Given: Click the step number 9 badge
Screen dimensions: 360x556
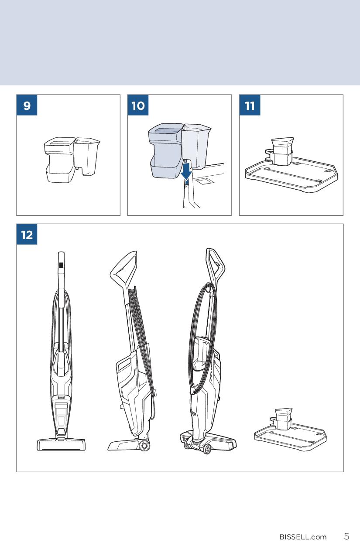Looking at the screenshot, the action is (27, 105).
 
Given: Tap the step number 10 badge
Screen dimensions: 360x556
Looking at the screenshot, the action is (138, 105).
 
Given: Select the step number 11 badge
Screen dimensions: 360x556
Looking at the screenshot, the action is (250, 105).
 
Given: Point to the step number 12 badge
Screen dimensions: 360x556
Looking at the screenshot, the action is (27, 234).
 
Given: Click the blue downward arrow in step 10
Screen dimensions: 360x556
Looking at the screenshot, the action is (186, 171).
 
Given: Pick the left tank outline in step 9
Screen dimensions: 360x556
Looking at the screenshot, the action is (60, 160).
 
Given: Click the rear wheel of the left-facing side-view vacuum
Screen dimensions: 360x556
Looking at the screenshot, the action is (144, 446).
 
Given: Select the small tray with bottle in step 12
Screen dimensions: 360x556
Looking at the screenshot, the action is (290, 431).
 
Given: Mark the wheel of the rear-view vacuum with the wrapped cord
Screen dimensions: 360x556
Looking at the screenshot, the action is (207, 449).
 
